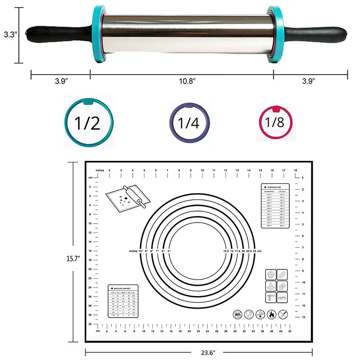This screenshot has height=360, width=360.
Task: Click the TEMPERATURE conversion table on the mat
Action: point(274,207)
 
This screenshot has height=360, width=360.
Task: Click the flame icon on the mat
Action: point(271,315)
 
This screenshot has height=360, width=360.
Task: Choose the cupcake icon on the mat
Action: point(271,274)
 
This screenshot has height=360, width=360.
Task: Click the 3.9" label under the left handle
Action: point(61,81)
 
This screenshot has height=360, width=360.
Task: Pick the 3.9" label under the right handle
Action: point(308,81)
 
